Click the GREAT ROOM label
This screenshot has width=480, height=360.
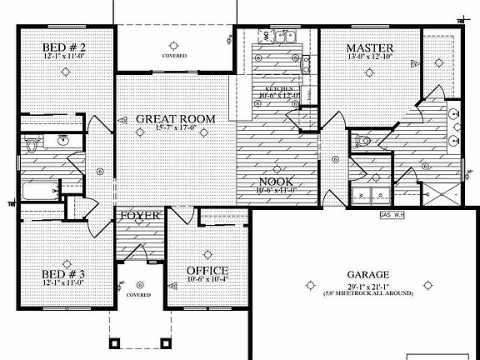click(175, 119)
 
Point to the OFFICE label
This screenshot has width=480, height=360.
click(207, 271)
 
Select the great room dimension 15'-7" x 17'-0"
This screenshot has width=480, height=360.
click(175, 129)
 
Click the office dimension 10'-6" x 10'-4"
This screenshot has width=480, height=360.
click(207, 281)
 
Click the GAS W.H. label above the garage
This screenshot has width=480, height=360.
click(392, 214)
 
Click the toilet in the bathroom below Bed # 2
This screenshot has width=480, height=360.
click(32, 145)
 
